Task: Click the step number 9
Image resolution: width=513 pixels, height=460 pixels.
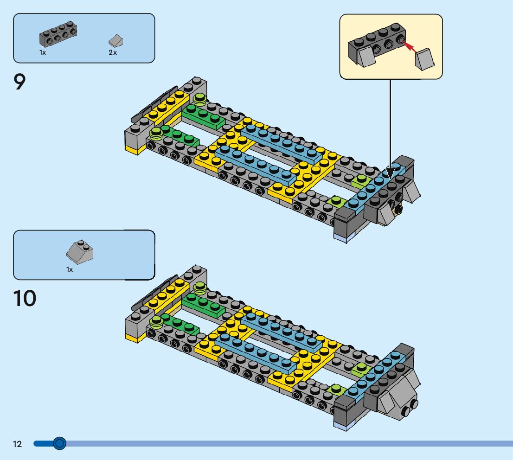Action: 19,82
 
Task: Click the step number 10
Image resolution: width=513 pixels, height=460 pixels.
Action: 25,298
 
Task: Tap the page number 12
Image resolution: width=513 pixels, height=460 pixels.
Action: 17,444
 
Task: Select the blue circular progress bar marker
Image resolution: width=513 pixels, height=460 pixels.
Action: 59,443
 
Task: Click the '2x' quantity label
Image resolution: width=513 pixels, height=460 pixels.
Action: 113,52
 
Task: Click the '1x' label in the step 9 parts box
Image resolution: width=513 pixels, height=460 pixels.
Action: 43,52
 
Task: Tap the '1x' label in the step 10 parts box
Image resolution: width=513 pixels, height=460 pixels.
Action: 70,269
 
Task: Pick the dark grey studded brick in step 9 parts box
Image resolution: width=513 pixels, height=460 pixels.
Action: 58,34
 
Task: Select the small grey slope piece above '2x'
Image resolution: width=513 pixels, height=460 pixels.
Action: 116,40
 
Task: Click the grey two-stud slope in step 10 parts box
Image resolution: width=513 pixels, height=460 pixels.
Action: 79,252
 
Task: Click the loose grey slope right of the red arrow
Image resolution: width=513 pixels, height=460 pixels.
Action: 425,59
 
